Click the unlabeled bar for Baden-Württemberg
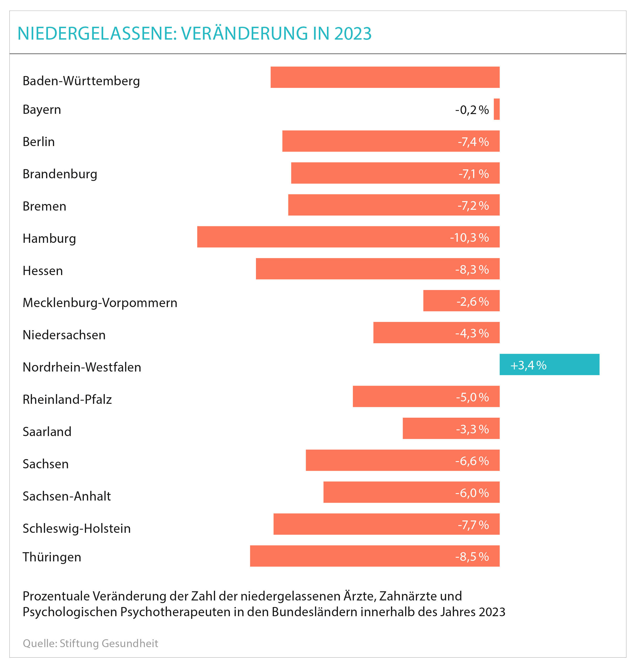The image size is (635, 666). click(x=385, y=77)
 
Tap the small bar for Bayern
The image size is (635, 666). click(x=497, y=109)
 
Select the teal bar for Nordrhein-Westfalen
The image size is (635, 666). click(x=549, y=364)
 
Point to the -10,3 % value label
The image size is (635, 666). click(x=469, y=238)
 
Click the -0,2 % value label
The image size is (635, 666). click(x=472, y=110)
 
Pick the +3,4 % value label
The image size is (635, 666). click(x=528, y=365)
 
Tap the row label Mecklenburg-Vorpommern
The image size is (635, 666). click(x=100, y=303)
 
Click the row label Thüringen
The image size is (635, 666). click(x=52, y=557)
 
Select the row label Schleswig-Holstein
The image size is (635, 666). click(x=76, y=528)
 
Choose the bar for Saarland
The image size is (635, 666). click(x=451, y=428)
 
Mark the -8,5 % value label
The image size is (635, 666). click(x=472, y=557)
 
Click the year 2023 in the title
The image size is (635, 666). click(x=353, y=33)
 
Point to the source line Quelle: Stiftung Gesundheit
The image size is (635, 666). click(x=90, y=643)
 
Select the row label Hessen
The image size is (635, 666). click(x=43, y=271)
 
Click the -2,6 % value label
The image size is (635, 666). click(x=473, y=302)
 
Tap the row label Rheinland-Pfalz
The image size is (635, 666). click(x=67, y=399)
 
